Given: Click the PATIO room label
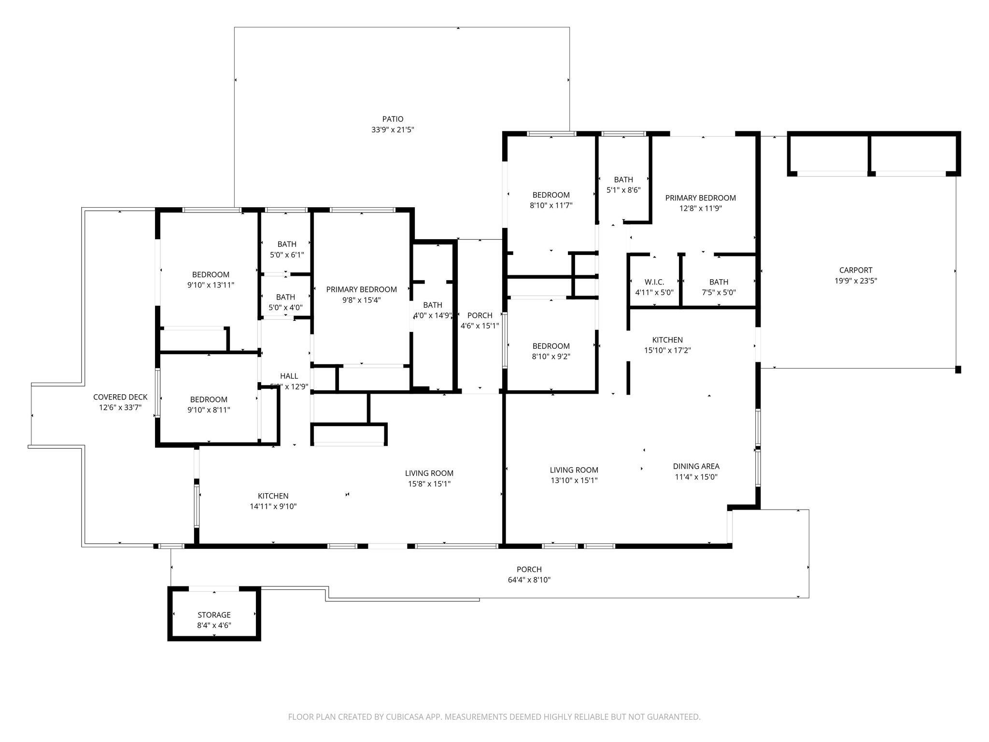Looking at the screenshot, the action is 393,119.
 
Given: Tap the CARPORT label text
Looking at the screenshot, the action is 856,270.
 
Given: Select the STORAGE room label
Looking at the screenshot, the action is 214,615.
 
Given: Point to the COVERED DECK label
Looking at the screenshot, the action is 120,397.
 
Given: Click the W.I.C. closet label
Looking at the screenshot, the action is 654,282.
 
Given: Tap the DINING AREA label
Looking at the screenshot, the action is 696,466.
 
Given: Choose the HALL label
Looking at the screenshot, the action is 289,376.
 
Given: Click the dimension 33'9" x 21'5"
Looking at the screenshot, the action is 393,130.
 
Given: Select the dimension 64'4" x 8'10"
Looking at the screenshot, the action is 529,580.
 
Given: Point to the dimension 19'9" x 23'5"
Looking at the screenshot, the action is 856,281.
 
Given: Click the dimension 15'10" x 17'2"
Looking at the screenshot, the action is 667,351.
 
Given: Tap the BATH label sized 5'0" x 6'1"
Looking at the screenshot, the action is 287,244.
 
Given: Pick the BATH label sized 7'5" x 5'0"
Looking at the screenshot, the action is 719,282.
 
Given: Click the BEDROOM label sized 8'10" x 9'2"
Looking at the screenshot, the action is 551,346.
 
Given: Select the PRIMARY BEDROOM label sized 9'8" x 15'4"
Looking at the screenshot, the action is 361,289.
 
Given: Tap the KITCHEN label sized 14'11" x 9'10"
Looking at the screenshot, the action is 273,496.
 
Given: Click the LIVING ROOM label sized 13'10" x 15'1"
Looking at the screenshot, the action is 574,470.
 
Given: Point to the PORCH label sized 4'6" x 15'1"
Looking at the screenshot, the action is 480,315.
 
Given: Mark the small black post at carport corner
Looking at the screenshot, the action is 958,370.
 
